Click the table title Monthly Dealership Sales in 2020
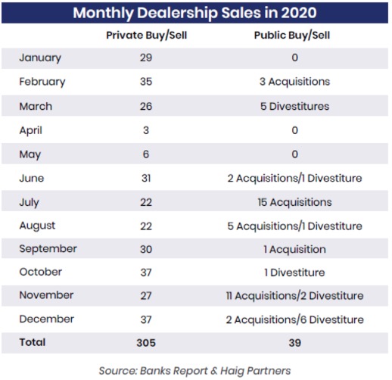pyautogui.click(x=194, y=13)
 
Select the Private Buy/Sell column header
pyautogui.click(x=146, y=36)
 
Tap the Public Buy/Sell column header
pyautogui.click(x=292, y=36)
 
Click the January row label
pyautogui.click(x=40, y=58)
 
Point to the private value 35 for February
pyautogui.click(x=146, y=82)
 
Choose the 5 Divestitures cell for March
pyautogui.click(x=294, y=106)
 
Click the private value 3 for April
pyautogui.click(x=146, y=130)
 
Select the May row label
pyautogui.click(x=30, y=154)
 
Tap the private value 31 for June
pyautogui.click(x=146, y=178)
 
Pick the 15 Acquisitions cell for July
pyautogui.click(x=294, y=202)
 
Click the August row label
pyautogui.click(x=37, y=226)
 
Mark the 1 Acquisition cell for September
pyautogui.click(x=294, y=249)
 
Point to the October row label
pyautogui.click(x=41, y=272)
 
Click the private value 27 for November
pyautogui.click(x=146, y=296)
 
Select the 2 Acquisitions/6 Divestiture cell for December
pyautogui.click(x=294, y=319)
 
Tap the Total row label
pyautogui.click(x=33, y=342)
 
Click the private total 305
pyautogui.click(x=146, y=343)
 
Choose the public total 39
pyautogui.click(x=294, y=343)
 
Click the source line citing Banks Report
pyautogui.click(x=194, y=371)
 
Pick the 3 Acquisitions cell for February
pyautogui.click(x=294, y=82)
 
